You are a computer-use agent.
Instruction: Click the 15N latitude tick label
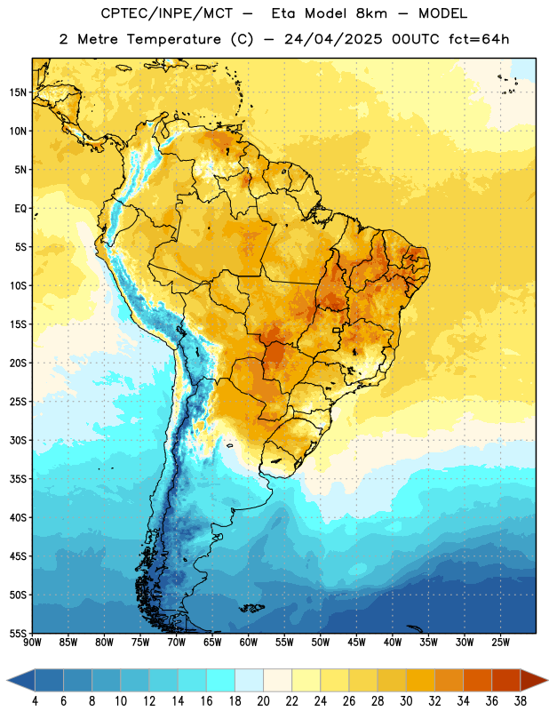pos(18,92)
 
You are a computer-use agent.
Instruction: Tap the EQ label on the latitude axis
pos(20,209)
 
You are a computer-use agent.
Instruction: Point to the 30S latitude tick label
pos(18,441)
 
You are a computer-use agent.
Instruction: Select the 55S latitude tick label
pos(18,634)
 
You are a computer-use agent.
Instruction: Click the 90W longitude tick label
pos(32,643)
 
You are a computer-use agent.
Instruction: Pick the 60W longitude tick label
pos(249,643)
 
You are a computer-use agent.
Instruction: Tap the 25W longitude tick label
pos(500,643)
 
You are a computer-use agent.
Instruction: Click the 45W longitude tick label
pos(356,643)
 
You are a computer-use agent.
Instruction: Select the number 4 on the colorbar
pos(35,701)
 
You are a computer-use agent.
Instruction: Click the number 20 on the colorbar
pos(263,701)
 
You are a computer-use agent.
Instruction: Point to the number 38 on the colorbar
pos(521,701)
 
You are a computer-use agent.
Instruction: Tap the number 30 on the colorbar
pos(406,701)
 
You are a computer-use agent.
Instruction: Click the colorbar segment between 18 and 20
pos(249,680)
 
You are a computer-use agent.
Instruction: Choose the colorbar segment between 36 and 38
pos(506,680)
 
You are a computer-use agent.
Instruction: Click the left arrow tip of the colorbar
pos(7,680)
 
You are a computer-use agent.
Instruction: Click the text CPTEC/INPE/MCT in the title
pos(166,13)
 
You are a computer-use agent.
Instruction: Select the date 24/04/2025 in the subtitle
pos(334,39)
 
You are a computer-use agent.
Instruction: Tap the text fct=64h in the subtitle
pos(479,39)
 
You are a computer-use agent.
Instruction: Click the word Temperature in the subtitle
pos(173,39)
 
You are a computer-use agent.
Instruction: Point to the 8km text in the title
pos(371,13)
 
